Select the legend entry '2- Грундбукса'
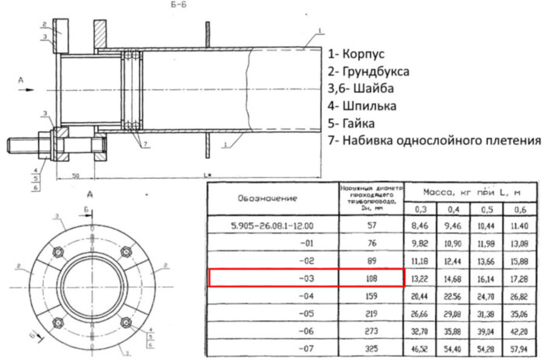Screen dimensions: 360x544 [378, 72]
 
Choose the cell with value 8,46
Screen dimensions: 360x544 [420, 225]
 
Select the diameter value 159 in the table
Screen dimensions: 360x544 [370, 296]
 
